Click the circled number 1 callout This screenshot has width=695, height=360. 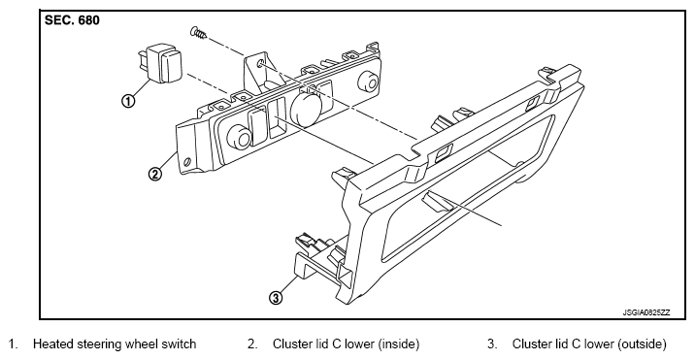pyautogui.click(x=128, y=101)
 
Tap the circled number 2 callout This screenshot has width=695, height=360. pyautogui.click(x=154, y=174)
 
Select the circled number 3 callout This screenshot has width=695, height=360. pyautogui.click(x=276, y=298)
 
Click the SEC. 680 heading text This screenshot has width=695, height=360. pyautogui.click(x=72, y=20)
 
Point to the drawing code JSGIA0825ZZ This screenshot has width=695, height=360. pyautogui.click(x=646, y=312)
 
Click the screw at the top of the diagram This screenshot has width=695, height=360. pyautogui.click(x=199, y=32)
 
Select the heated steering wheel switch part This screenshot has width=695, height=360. pyautogui.click(x=160, y=64)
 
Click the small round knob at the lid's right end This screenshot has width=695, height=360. pyautogui.click(x=370, y=82)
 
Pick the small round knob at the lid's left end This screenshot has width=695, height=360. pyautogui.click(x=240, y=138)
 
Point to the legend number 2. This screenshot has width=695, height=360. pyautogui.click(x=252, y=344)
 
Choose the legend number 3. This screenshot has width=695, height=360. pyautogui.click(x=492, y=344)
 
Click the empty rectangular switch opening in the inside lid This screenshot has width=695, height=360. pyautogui.click(x=278, y=118)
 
